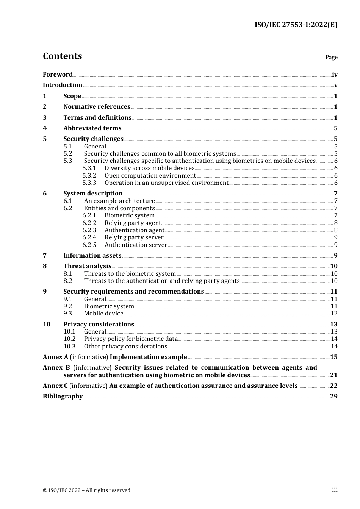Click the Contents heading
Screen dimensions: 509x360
point(62,56)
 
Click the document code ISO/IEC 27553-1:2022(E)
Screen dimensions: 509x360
point(296,25)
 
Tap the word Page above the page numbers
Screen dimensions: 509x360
point(331,57)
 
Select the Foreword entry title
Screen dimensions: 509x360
point(58,74)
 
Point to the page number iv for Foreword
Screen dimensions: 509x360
point(335,74)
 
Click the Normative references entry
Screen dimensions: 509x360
point(97,107)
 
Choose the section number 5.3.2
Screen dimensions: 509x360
point(89,176)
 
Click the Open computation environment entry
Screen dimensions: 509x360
point(150,176)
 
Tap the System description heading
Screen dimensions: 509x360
point(93,194)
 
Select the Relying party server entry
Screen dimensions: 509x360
point(134,237)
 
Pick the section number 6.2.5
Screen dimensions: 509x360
point(89,245)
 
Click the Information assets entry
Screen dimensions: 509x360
point(92,256)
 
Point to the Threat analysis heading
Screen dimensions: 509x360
point(87,266)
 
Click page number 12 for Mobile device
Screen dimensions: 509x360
point(334,314)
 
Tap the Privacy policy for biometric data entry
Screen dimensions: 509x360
point(131,339)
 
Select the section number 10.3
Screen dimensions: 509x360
point(69,347)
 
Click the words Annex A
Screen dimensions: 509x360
point(55,357)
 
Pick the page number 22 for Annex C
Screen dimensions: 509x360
point(333,386)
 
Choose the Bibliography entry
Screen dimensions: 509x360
point(63,397)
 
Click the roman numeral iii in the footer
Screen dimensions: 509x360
point(335,490)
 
